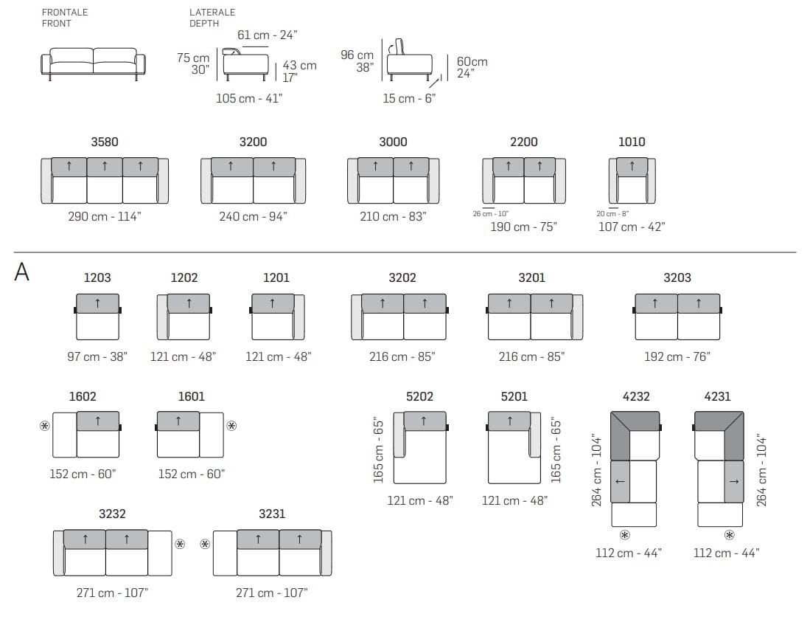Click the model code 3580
[105, 142]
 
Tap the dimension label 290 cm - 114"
[105, 216]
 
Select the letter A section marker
[21, 272]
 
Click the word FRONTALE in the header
[65, 12]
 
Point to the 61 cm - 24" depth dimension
[267, 35]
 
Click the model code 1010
[632, 142]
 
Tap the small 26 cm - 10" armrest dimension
[490, 213]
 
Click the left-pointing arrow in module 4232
[620, 482]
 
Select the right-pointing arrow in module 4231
[733, 482]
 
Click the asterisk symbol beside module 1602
[45, 426]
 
